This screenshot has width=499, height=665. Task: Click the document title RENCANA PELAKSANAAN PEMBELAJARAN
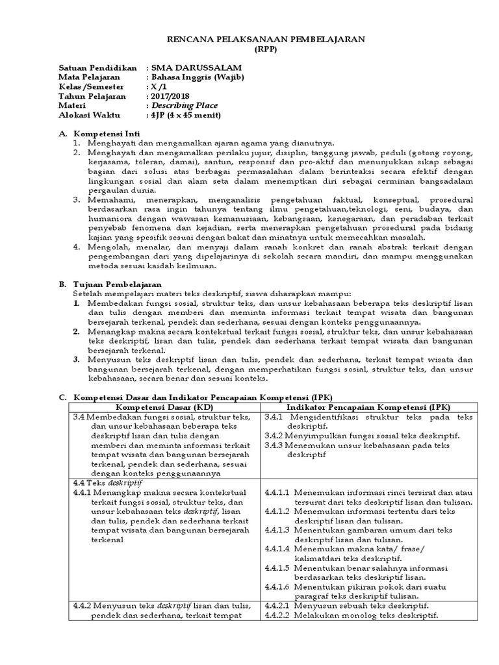tap(249, 40)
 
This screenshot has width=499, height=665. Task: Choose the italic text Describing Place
tap(185, 106)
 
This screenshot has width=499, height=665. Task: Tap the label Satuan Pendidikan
tap(98, 68)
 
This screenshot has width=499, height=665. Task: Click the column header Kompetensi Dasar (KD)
tap(165, 406)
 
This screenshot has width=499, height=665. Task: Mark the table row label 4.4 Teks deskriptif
tap(108, 483)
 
